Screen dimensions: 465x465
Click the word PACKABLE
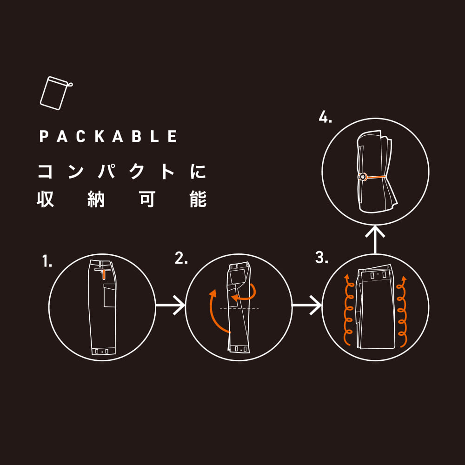(x=108, y=136)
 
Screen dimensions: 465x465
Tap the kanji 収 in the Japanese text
(x=45, y=199)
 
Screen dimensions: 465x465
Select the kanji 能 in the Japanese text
(x=198, y=199)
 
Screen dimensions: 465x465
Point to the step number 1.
(x=47, y=261)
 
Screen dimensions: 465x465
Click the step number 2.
(x=181, y=258)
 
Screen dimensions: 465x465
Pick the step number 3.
(x=321, y=258)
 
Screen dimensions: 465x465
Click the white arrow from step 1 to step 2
(x=170, y=305)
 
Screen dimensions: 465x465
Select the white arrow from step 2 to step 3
(x=306, y=305)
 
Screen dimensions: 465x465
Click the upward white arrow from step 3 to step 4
(x=375, y=239)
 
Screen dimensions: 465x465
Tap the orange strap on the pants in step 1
(x=103, y=274)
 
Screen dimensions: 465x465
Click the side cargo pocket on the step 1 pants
(x=109, y=295)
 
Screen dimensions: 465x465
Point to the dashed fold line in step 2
(x=239, y=309)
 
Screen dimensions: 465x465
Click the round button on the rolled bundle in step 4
(x=362, y=177)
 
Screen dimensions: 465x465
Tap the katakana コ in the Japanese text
(x=46, y=171)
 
